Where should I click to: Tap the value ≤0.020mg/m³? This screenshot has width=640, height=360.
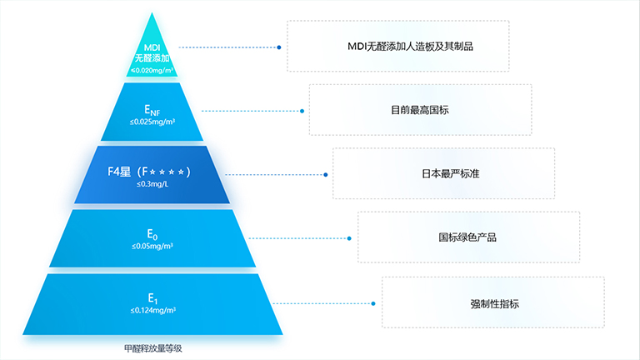click(152, 71)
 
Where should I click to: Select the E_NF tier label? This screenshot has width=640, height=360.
click(152, 110)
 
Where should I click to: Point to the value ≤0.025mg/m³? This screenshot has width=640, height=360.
click(152, 122)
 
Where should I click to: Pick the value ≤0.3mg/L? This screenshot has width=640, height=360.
click(152, 184)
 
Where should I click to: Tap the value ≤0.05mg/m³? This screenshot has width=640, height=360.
click(152, 247)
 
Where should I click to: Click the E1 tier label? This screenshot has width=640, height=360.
click(152, 298)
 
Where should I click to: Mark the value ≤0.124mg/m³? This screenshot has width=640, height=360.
click(152, 310)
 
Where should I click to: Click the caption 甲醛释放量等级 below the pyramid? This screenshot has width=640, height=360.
click(152, 348)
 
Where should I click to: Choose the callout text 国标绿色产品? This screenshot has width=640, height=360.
click(467, 237)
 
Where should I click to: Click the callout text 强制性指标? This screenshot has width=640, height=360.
click(494, 302)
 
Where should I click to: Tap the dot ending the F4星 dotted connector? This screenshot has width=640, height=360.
click(325, 174)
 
